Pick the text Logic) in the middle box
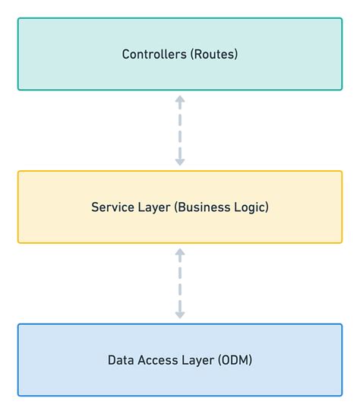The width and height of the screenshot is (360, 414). (x=251, y=207)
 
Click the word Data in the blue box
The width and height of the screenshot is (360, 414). (x=120, y=360)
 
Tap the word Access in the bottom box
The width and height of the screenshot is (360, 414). (x=156, y=360)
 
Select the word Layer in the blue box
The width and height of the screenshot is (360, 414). (x=196, y=360)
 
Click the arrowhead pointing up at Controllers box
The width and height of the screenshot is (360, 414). (x=180, y=100)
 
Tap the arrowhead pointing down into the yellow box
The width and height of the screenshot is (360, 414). (x=180, y=161)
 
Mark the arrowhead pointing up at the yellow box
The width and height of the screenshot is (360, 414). (x=180, y=252)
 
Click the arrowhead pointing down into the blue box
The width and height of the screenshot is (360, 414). (x=180, y=314)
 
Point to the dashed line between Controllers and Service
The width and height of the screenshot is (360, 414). (x=180, y=130)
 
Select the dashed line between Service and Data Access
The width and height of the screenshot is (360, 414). (x=180, y=283)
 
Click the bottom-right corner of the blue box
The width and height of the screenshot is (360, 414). (x=341, y=395)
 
